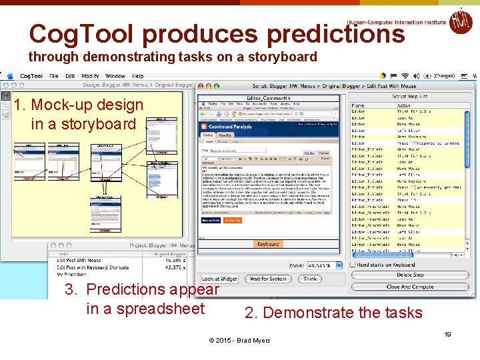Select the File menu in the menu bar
click(x=53, y=76)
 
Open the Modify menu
click(x=90, y=76)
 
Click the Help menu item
click(x=138, y=76)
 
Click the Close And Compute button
click(x=410, y=287)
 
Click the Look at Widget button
click(x=219, y=279)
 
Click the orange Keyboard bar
click(x=268, y=244)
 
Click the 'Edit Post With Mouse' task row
click(x=79, y=261)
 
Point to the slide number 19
click(x=448, y=334)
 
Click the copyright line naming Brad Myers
click(x=240, y=341)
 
